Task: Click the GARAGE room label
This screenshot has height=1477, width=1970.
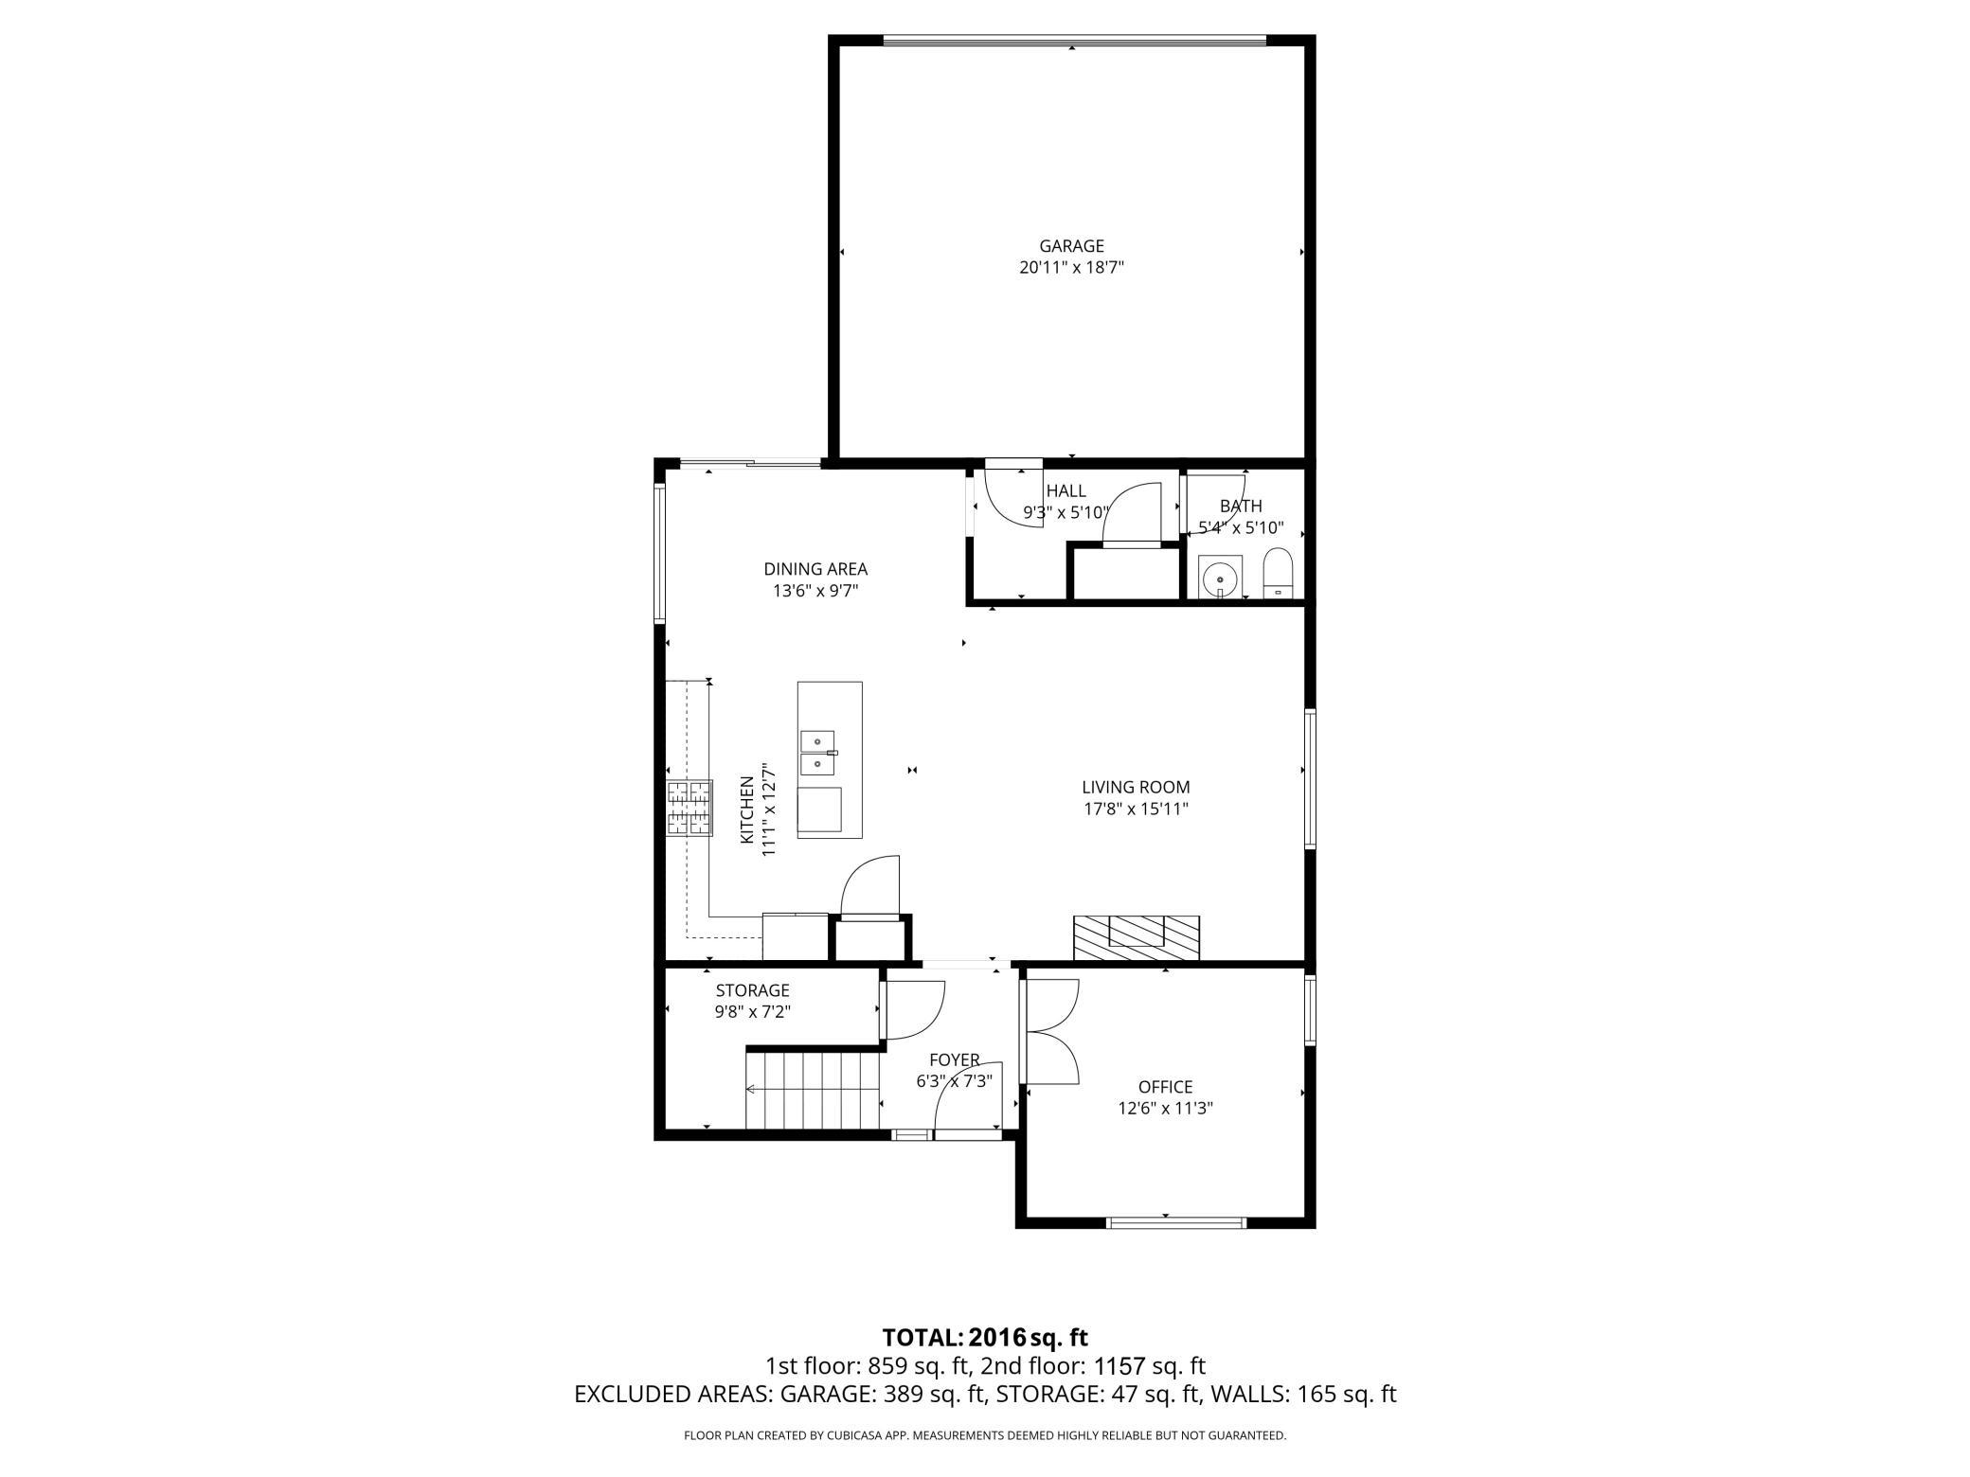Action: (x=1071, y=246)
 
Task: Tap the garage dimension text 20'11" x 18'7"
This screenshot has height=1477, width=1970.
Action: (x=1071, y=268)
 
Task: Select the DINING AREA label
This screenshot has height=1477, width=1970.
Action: (x=815, y=569)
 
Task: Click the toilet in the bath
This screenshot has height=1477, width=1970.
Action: (x=1278, y=573)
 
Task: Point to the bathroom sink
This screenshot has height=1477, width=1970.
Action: (x=1220, y=576)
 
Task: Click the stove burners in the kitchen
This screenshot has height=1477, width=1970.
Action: (x=689, y=808)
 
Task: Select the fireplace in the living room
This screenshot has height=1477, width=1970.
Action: (x=1136, y=938)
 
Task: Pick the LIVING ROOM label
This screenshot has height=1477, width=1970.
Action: (x=1136, y=787)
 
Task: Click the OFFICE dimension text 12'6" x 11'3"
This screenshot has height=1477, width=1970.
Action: (x=1165, y=1109)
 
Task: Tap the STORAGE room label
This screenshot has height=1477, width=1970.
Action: (x=752, y=990)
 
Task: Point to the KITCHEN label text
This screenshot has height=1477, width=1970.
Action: (x=747, y=810)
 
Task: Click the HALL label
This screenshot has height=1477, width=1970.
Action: (x=1066, y=491)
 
